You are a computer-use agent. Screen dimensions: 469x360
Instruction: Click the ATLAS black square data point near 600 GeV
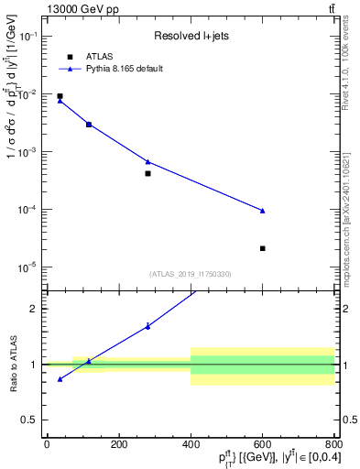[262, 248]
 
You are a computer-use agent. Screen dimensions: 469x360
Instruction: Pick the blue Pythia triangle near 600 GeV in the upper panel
[262, 211]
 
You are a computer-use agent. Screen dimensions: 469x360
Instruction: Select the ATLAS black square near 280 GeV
[147, 173]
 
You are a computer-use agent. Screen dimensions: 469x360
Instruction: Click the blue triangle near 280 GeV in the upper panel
[147, 162]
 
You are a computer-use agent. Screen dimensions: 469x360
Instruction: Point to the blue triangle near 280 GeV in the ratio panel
[147, 325]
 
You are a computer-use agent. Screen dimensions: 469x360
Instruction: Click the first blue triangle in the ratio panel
[60, 378]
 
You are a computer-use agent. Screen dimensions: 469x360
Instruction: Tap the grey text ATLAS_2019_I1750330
[191, 274]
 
